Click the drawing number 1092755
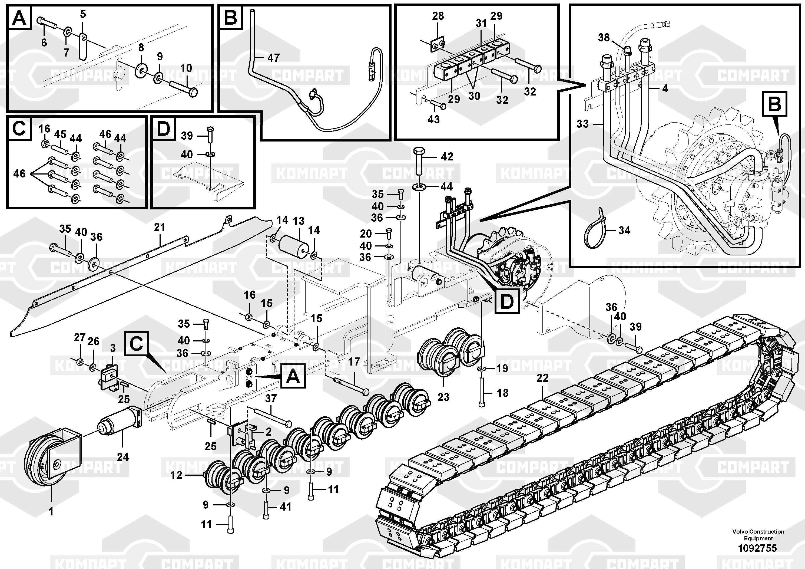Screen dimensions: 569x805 click(757, 548)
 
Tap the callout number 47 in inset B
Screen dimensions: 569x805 click(273, 58)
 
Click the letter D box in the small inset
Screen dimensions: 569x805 click(163, 129)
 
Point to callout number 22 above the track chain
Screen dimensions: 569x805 click(542, 378)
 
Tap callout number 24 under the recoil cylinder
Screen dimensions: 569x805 click(123, 457)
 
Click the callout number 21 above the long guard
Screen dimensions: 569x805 click(160, 227)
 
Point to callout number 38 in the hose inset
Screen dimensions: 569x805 click(604, 38)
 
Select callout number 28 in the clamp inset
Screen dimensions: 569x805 click(438, 16)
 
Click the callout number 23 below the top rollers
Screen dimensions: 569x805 click(443, 397)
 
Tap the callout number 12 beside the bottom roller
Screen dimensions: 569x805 click(176, 475)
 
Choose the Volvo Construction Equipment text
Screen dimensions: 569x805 click(758, 535)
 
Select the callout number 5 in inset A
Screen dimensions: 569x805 click(83, 14)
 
